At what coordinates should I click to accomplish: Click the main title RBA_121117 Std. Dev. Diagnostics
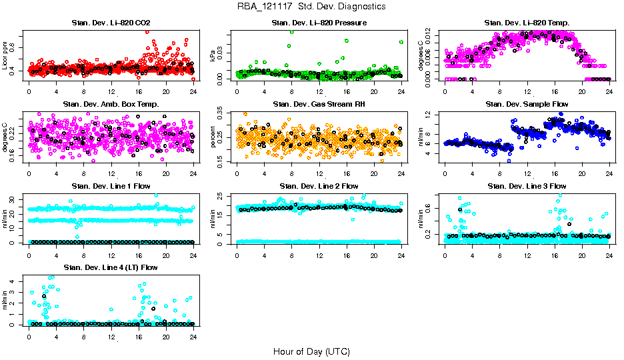click(x=311, y=7)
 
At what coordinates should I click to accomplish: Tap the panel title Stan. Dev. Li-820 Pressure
click(x=319, y=23)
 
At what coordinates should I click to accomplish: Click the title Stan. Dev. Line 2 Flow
click(x=319, y=185)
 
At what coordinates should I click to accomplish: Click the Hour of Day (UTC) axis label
click(x=311, y=351)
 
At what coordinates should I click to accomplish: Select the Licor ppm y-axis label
click(x=5, y=56)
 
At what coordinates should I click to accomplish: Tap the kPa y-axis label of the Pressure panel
click(x=213, y=56)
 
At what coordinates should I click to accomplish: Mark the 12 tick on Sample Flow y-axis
click(x=432, y=116)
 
